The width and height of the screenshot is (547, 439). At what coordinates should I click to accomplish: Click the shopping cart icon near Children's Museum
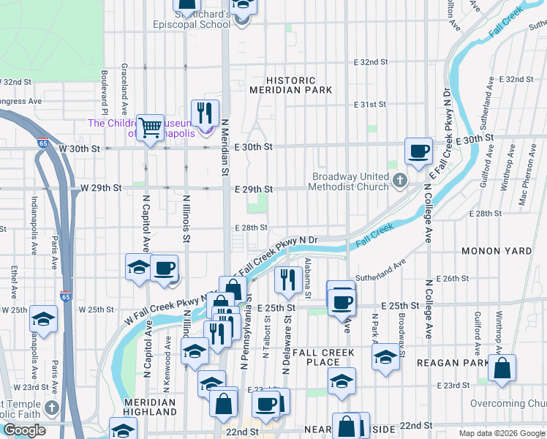coord(151,127)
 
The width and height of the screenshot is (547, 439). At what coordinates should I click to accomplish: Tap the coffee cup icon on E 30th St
coord(418,151)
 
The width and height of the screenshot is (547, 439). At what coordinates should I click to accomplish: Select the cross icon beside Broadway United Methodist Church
coord(399,179)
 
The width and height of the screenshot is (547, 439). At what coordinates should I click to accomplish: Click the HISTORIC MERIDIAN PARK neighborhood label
coord(291,85)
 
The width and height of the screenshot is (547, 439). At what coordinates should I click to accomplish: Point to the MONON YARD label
coord(497,251)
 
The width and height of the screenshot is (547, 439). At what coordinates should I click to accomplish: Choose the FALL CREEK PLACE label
coord(323,357)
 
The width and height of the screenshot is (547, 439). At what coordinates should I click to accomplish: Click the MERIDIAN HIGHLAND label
coord(149,408)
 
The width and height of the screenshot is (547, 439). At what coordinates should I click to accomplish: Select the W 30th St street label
coord(79,149)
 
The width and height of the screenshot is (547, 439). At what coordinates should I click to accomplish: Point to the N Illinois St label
coord(186,218)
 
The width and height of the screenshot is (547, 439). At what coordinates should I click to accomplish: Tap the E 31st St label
coord(370,105)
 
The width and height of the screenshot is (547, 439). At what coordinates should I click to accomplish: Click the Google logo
coord(24,430)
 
